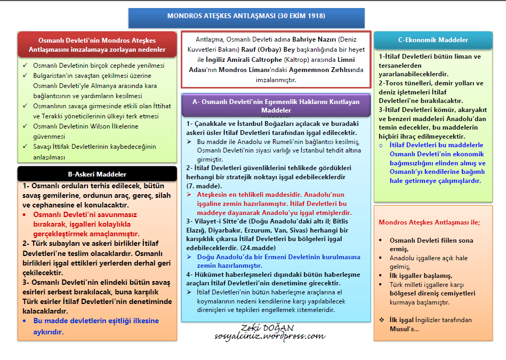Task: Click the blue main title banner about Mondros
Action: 246,17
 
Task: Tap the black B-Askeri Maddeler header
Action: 97,174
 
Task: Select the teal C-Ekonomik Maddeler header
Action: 433,40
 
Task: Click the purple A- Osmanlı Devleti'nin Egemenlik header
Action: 276,105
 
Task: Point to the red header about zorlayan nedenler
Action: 97,45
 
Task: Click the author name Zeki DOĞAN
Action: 269,327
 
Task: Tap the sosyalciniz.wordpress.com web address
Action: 270,337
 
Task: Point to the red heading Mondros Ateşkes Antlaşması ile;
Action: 429,222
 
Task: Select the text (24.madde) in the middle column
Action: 258,247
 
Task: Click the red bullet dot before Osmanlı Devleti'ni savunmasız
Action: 25,214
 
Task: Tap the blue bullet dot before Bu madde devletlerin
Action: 25,321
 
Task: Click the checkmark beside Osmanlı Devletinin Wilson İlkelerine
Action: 25,126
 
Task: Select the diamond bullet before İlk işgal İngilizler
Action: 381,319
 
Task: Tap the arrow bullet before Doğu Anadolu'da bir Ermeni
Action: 190,257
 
